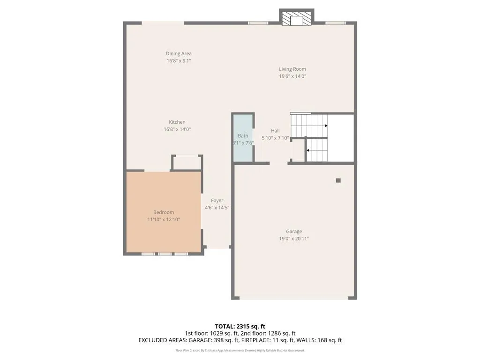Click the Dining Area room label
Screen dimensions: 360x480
click(179, 53)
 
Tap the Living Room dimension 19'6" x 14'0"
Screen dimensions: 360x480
click(292, 76)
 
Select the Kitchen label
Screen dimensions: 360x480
click(177, 122)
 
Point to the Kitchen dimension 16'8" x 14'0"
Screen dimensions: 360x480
click(177, 129)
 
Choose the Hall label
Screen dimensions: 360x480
click(275, 131)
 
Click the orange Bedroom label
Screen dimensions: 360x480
click(163, 212)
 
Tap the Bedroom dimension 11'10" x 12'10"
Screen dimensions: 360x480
click(163, 219)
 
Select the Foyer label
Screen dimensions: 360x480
click(217, 201)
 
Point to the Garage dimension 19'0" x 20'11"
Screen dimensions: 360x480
click(294, 239)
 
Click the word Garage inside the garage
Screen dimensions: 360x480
click(294, 231)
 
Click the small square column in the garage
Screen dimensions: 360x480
click(338, 180)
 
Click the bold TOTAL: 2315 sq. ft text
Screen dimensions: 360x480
click(240, 326)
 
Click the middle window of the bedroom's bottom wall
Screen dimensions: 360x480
click(165, 254)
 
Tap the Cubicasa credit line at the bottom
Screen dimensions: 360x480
click(240, 350)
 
